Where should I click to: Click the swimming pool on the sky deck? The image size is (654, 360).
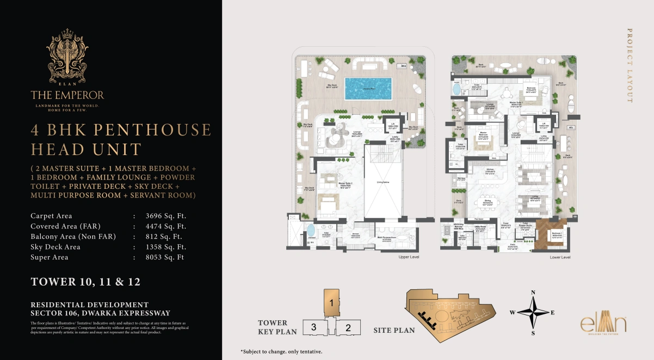click(368, 88)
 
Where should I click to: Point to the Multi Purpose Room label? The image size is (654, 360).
click(387, 237)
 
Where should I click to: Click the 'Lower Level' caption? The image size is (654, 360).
click(560, 257)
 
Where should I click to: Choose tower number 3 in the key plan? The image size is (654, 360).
click(313, 327)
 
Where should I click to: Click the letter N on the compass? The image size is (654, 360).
click(533, 293)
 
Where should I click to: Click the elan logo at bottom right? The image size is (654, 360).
click(602, 323)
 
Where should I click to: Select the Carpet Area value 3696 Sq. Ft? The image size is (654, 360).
click(165, 216)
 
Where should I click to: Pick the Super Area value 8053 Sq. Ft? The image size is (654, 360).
click(165, 257)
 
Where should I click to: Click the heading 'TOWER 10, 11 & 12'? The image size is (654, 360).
click(85, 282)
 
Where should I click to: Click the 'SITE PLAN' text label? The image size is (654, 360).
click(394, 330)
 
